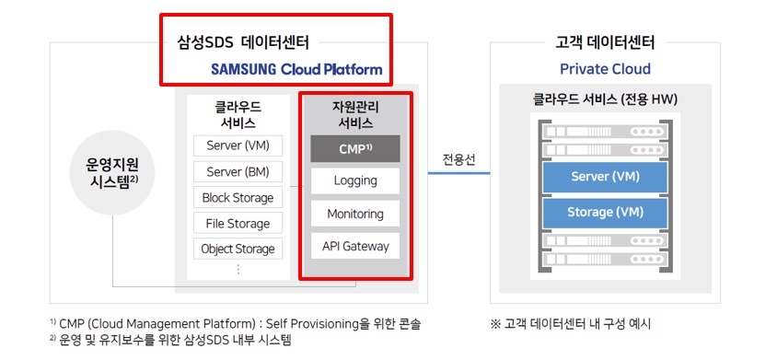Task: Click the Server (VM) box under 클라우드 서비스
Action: [238, 145]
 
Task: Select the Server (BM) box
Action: [238, 171]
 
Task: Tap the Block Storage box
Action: [238, 197]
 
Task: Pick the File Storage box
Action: [238, 223]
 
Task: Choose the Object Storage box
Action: [238, 249]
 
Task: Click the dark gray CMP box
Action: [354, 149]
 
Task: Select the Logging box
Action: [354, 181]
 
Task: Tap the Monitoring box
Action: [354, 214]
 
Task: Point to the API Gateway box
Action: [354, 246]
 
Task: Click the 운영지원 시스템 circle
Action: [112, 172]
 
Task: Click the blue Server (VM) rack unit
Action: [605, 177]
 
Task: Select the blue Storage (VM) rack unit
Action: [605, 213]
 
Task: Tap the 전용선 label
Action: [458, 159]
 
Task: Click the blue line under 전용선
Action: [458, 173]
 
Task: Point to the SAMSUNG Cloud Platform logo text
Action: [296, 69]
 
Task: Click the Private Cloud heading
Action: [605, 69]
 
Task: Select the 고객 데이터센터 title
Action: [605, 42]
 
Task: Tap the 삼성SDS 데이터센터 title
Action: [243, 42]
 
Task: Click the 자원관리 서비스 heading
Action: [355, 115]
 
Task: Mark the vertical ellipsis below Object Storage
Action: [238, 269]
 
